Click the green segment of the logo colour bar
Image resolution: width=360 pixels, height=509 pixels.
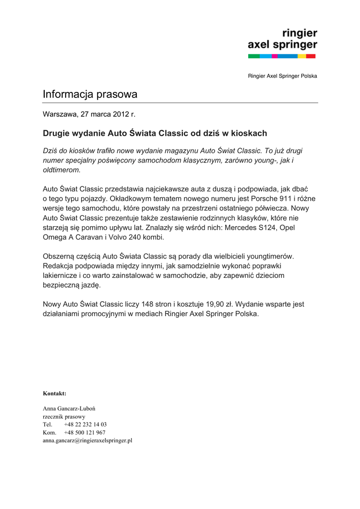(x=254, y=56)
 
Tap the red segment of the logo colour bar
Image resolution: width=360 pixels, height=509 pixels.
(x=311, y=56)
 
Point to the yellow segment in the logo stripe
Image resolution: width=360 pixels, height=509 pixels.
(x=301, y=56)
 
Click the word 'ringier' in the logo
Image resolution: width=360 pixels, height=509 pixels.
(x=299, y=33)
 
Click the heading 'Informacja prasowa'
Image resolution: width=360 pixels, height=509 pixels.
(x=90, y=94)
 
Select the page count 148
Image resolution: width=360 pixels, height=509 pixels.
(x=148, y=304)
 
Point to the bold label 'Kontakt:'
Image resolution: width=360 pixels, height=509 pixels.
(x=55, y=393)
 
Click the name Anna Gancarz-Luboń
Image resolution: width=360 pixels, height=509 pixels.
(x=69, y=409)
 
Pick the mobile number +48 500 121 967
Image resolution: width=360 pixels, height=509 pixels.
(x=85, y=432)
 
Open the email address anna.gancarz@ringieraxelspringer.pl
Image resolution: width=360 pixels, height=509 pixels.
(x=88, y=440)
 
